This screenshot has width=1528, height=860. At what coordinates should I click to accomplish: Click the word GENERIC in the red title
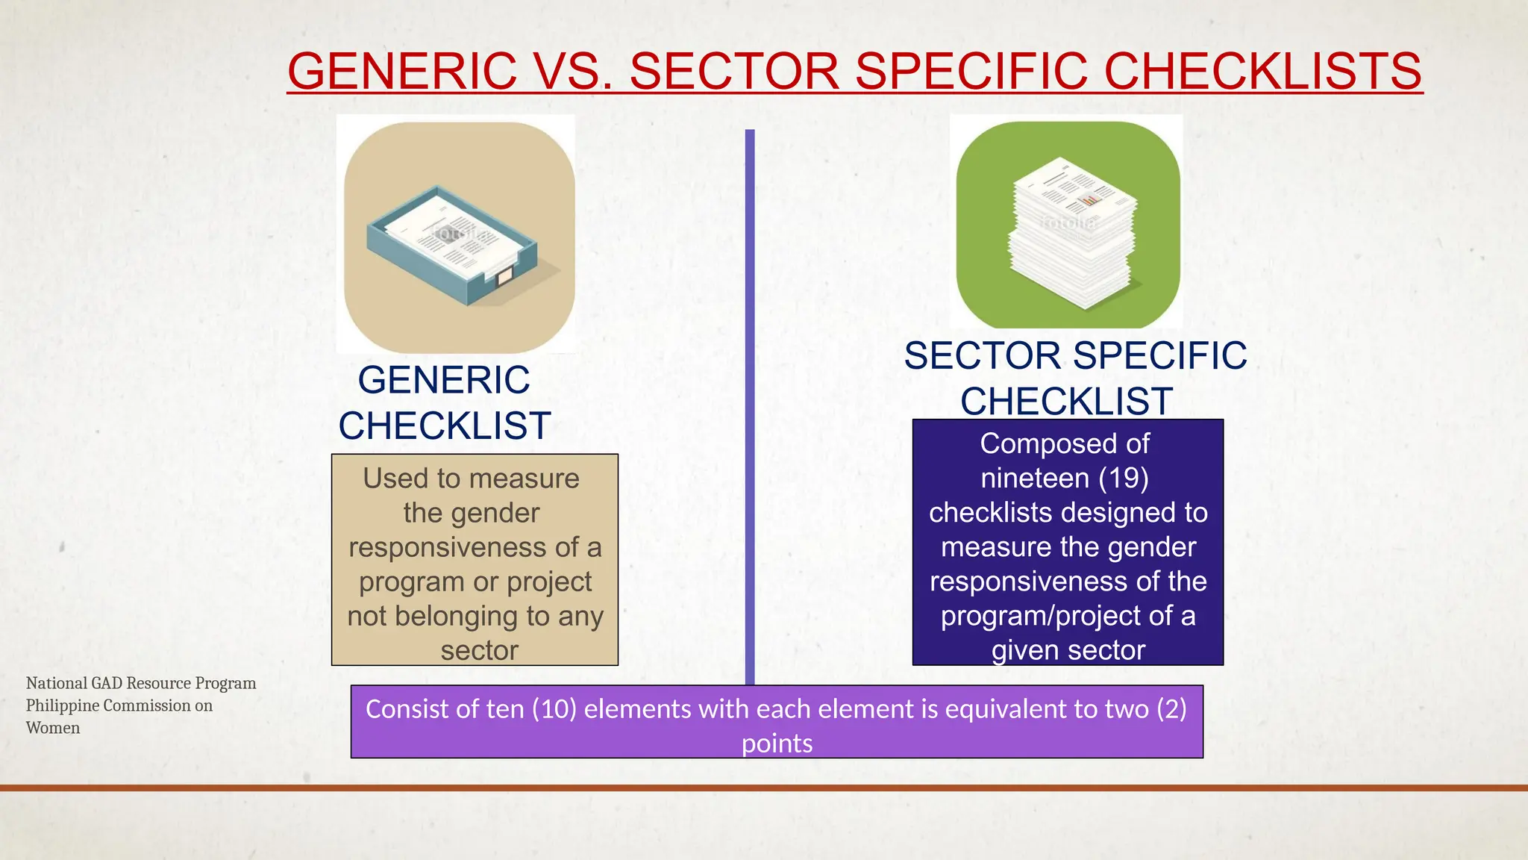(401, 71)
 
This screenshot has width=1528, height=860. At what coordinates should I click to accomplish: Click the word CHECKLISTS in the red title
(1262, 71)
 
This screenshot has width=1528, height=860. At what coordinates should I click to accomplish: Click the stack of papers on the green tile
(1071, 239)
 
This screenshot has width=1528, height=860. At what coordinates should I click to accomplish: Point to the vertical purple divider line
(750, 403)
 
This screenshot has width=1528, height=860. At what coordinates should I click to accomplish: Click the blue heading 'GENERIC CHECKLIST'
(445, 403)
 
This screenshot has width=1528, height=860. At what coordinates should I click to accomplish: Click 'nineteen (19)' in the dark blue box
(1065, 478)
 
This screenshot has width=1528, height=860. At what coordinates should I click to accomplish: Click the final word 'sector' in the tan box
(479, 650)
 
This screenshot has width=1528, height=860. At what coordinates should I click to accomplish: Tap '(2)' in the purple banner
(1171, 708)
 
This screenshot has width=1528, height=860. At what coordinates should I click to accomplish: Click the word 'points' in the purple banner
(777, 744)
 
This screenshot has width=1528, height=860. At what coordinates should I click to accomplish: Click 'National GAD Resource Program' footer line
(141, 683)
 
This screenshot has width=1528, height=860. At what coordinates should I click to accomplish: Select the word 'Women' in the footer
(53, 728)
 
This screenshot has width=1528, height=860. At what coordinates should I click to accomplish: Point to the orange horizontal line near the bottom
(764, 788)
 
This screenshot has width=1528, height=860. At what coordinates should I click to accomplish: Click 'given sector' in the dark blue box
(1068, 650)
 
